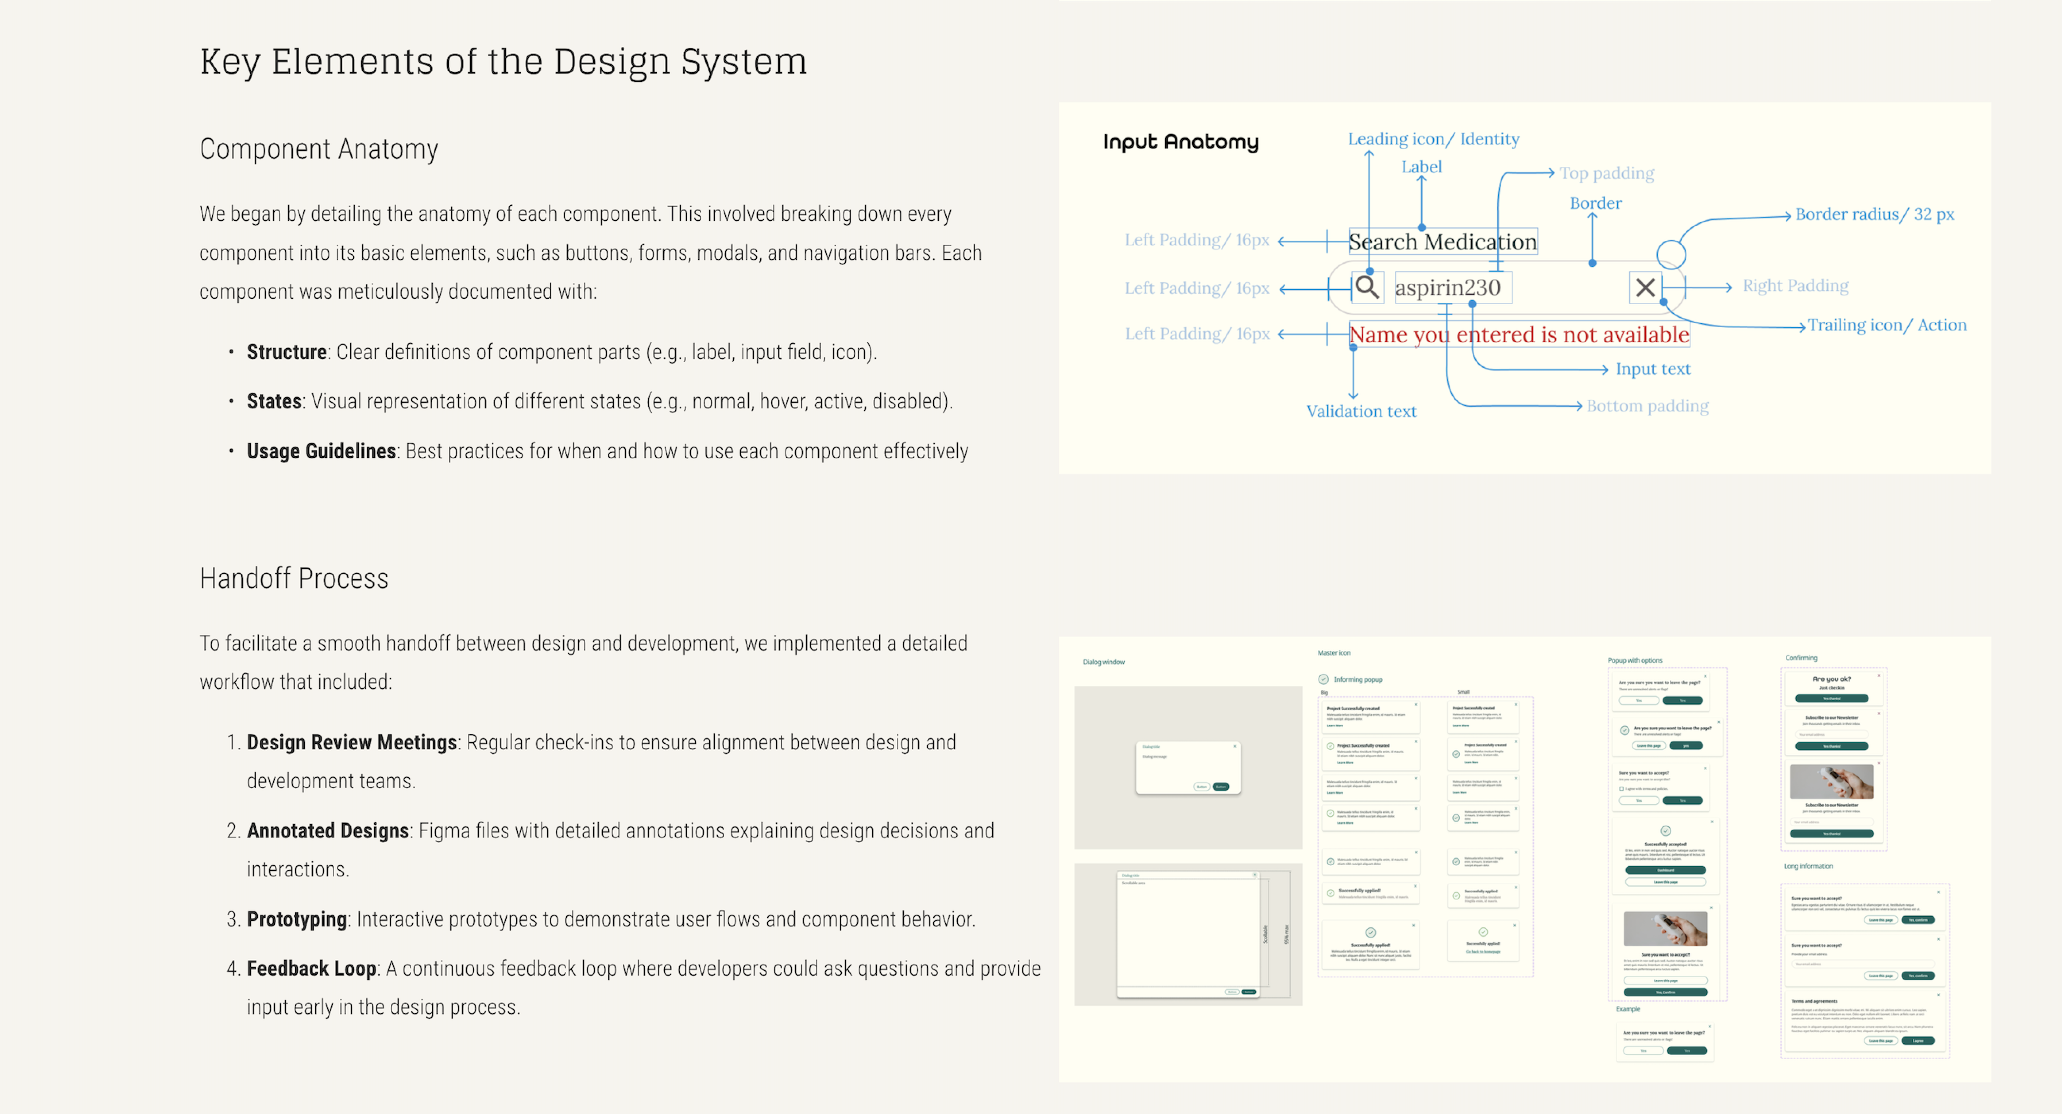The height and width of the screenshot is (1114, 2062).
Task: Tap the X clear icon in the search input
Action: (1645, 287)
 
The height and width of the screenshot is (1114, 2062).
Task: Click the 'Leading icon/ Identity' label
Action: (1433, 139)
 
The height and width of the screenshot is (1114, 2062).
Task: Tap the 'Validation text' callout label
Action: (1361, 412)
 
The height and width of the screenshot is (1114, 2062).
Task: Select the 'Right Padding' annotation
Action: (1795, 286)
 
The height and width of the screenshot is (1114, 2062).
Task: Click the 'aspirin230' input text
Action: (1447, 288)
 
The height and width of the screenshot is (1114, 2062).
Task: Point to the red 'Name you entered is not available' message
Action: (1519, 335)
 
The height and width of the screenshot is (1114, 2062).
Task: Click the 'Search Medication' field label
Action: (1442, 242)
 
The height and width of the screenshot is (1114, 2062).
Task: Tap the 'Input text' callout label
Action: (1652, 369)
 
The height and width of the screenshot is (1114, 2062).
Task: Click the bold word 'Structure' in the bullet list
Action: (286, 352)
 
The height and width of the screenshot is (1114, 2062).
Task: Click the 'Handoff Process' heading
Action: (294, 578)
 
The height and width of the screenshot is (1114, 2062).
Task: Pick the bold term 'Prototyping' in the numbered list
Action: (296, 919)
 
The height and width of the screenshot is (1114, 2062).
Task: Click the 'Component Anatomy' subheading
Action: (319, 149)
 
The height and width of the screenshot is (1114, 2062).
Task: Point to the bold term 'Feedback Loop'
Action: (311, 969)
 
